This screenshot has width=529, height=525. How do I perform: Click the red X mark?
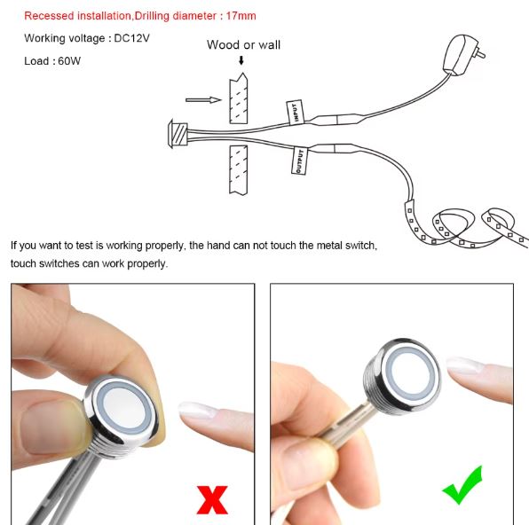pyautogui.click(x=212, y=499)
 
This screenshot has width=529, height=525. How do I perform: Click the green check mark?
pyautogui.click(x=463, y=485)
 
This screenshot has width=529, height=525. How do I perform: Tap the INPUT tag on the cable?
pyautogui.click(x=295, y=113)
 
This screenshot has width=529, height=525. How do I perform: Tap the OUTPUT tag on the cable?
pyautogui.click(x=299, y=161)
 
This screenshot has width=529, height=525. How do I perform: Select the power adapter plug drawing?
pyautogui.click(x=463, y=54)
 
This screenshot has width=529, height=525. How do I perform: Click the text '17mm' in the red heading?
pyautogui.click(x=241, y=16)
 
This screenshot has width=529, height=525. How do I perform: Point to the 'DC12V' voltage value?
pyautogui.click(x=131, y=38)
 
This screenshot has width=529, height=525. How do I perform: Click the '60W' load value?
pyautogui.click(x=69, y=61)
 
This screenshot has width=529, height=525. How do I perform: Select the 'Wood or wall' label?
pyautogui.click(x=243, y=45)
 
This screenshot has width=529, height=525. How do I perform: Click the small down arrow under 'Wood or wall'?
pyautogui.click(x=241, y=60)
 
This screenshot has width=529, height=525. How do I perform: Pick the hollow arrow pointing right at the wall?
pyautogui.click(x=203, y=100)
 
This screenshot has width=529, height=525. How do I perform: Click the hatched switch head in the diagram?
pyautogui.click(x=178, y=134)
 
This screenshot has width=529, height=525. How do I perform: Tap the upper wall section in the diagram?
pyautogui.click(x=238, y=98)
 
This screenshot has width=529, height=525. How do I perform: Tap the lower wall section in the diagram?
pyautogui.click(x=238, y=170)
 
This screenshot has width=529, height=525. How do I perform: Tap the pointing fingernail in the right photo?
pyautogui.click(x=463, y=365)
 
